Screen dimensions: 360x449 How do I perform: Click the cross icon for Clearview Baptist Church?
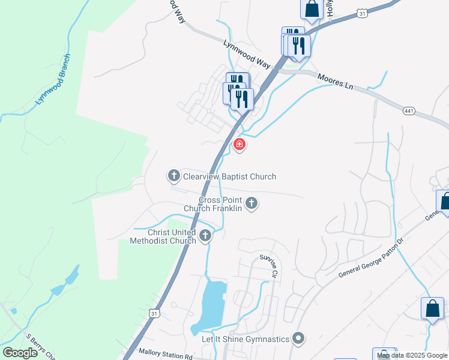[174, 176]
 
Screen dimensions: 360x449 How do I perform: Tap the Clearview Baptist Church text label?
[230, 176]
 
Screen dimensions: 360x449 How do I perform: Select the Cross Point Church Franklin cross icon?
[252, 203]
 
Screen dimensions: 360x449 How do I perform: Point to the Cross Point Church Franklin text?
[220, 204]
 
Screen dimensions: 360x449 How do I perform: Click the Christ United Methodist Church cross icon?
[205, 235]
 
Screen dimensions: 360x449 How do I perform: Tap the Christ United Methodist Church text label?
[164, 236]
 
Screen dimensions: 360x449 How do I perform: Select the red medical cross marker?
[239, 145]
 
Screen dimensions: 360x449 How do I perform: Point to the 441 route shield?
[409, 111]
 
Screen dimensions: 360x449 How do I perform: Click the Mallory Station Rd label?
[163, 352]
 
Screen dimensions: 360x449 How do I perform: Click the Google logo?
[20, 353]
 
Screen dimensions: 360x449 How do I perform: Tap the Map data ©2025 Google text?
[412, 356]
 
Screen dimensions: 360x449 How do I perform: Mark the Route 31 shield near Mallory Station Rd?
[155, 314]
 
